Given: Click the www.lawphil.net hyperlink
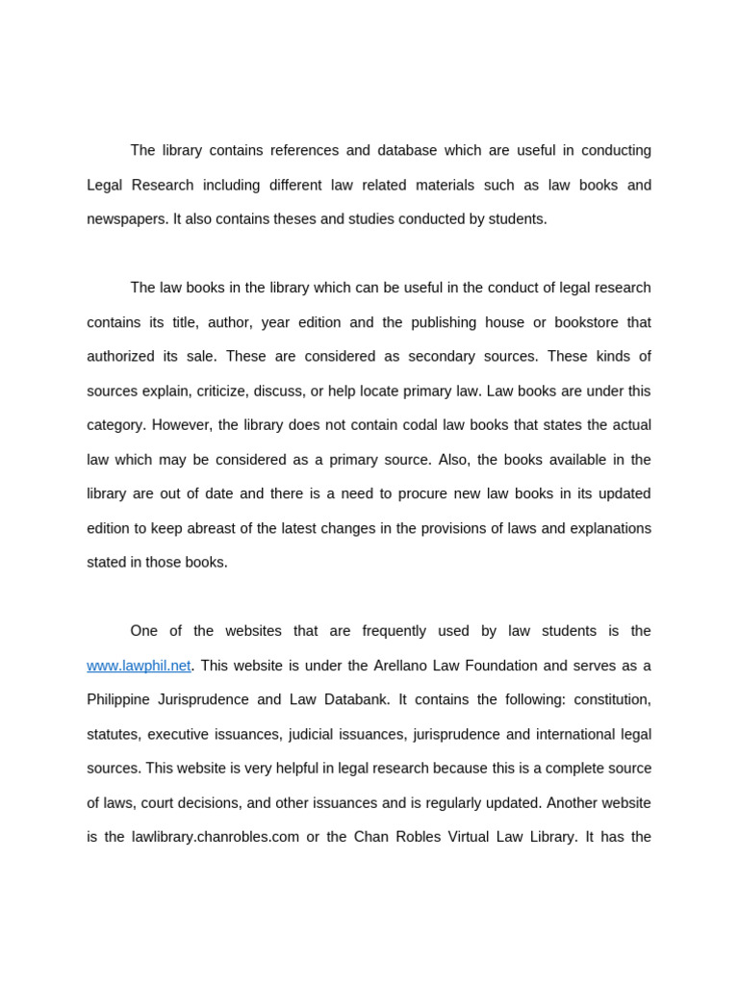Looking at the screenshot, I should point(139,666).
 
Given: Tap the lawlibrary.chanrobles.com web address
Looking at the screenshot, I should point(215,837).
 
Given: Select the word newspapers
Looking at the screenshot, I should point(127,219).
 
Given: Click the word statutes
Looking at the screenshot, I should point(113,734).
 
